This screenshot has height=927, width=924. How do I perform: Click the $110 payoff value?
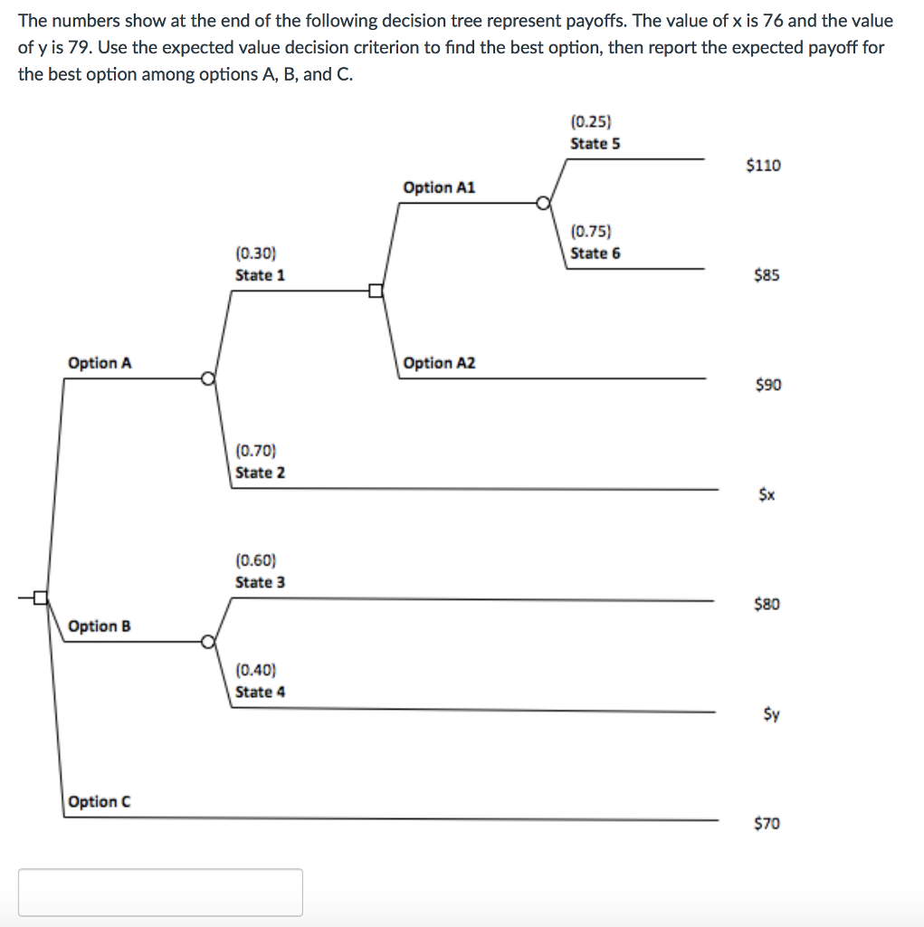point(763,165)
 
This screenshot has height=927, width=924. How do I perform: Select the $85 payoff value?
point(766,275)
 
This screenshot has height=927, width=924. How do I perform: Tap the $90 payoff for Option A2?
point(767,386)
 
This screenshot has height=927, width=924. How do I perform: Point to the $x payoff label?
point(767,495)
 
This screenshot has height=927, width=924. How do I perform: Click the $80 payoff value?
point(767,604)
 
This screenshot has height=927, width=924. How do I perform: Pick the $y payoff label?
point(767,714)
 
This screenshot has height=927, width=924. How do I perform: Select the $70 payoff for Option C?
point(767,823)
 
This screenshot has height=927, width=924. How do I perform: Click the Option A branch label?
point(100,363)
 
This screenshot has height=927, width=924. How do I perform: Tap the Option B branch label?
point(100,626)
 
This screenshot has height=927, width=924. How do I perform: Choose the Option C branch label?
point(100,801)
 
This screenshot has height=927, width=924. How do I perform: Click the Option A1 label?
point(439,187)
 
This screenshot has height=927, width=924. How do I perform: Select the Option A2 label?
point(439,363)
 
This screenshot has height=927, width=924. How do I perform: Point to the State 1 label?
point(260,275)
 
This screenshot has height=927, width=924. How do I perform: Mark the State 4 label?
point(260,692)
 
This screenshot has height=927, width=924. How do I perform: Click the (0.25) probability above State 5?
point(591,121)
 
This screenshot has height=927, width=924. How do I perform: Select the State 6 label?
point(595,253)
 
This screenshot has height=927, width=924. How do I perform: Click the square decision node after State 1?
point(375,291)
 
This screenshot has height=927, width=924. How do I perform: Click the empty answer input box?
point(160,893)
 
